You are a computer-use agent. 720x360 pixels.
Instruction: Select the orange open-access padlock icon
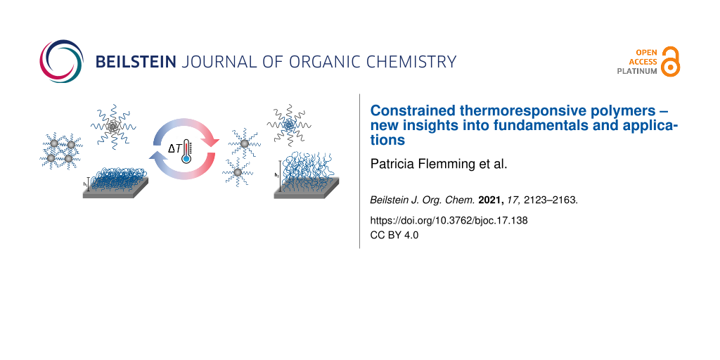[670, 61]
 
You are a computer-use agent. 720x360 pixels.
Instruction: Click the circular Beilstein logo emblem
[62, 61]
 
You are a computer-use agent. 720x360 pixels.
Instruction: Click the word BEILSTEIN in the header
[136, 62]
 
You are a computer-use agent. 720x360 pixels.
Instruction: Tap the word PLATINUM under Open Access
[636, 72]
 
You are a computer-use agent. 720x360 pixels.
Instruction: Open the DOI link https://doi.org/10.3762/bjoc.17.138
[449, 220]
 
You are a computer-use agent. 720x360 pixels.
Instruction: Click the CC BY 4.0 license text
[394, 235]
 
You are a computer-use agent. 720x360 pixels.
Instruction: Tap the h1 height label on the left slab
[85, 184]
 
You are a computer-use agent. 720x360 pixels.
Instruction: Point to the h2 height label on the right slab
[276, 174]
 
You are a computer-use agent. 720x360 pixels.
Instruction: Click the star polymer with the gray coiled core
[113, 124]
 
